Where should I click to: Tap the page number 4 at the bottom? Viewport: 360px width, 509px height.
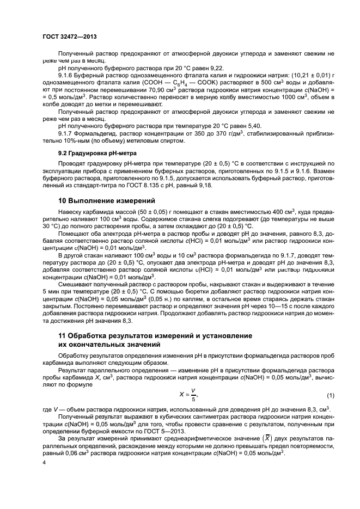tap(45, 463)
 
